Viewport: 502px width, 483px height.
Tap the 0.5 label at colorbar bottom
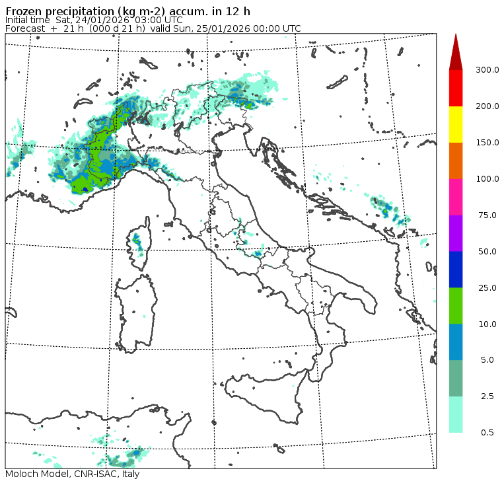[487, 433]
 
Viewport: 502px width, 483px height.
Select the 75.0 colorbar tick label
[487, 215]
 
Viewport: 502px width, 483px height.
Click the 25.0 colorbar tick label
[487, 288]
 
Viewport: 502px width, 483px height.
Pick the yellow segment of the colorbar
[456, 124]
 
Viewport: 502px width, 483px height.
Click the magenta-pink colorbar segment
[456, 197]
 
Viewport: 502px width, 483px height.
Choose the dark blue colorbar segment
[456, 270]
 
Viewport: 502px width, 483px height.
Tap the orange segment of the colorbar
[456, 161]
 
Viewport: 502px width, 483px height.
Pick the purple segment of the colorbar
[456, 233]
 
